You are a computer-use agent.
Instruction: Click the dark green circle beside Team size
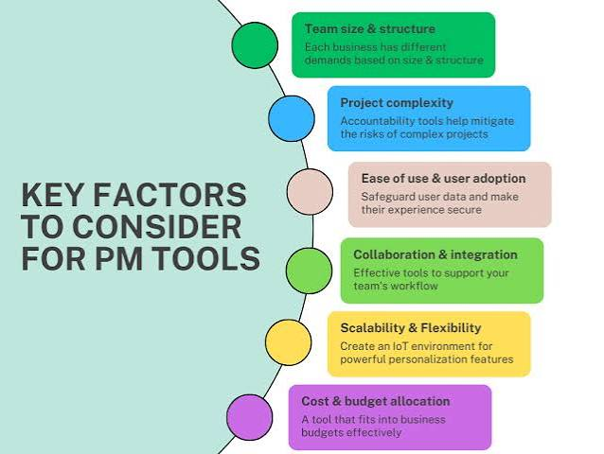(255, 45)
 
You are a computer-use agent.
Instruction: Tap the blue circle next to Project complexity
(292, 118)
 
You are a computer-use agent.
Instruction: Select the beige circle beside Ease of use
(310, 192)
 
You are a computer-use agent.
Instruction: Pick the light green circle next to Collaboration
(309, 271)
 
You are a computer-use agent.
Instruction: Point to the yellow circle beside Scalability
(288, 342)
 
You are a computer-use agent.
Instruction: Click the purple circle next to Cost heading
(249, 417)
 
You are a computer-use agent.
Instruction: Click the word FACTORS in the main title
(169, 195)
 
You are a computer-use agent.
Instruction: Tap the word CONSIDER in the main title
(157, 227)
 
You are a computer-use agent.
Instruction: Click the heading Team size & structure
(370, 29)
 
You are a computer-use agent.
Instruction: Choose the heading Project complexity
(397, 103)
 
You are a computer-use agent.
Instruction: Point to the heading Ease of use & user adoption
(443, 179)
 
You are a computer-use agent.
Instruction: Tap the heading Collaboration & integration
(435, 254)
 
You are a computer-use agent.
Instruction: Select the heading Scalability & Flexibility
(411, 328)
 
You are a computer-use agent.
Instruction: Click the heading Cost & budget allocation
(376, 401)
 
